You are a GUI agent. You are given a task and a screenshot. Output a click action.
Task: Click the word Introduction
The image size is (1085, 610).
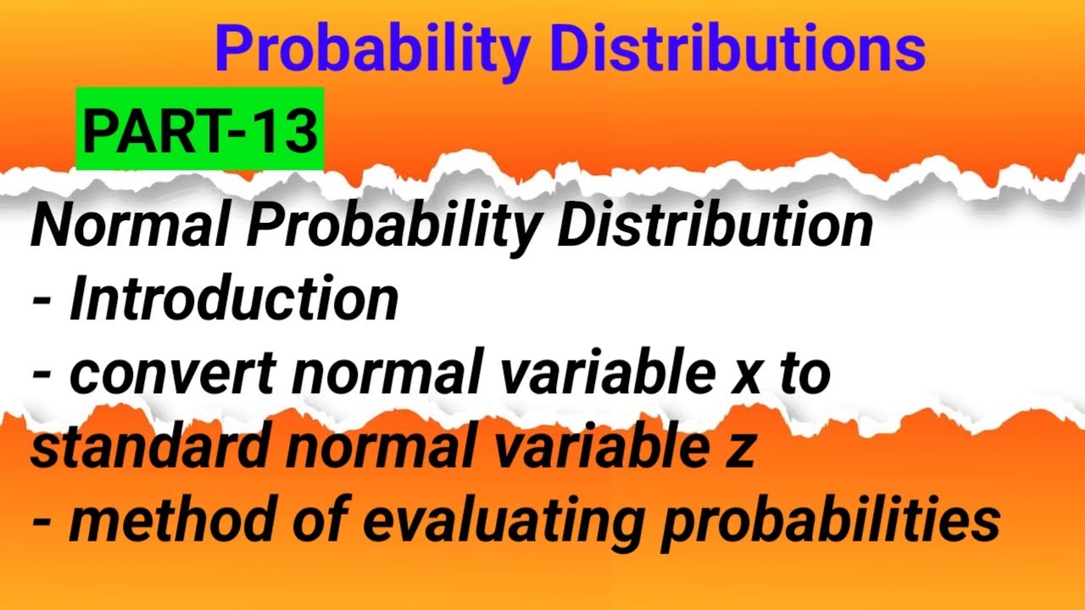234,300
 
